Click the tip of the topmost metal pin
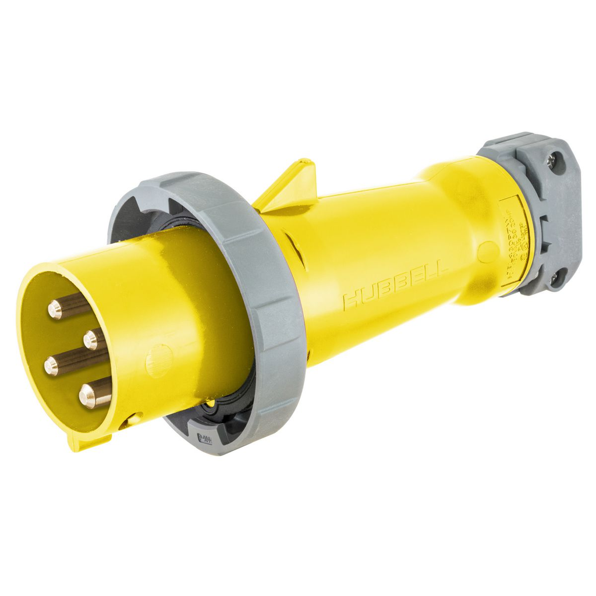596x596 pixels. (55, 310)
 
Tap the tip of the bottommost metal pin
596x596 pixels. (87, 397)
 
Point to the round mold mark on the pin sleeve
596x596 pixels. (158, 360)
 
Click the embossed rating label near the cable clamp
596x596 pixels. (515, 239)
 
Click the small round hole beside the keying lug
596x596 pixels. (133, 418)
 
